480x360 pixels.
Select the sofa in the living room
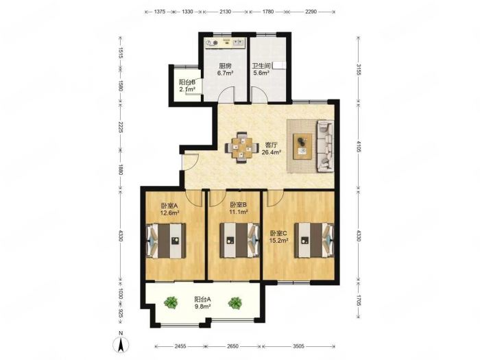pos(325,145)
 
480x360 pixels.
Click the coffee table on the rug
pos(302,146)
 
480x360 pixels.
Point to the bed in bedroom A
pos(166,241)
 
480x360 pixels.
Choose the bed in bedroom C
pos(314,240)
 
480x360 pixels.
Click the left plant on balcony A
pos(171,302)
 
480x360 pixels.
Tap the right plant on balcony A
pos(235,303)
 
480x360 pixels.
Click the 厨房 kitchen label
pos(225,66)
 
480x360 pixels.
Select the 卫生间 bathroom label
pos(261,66)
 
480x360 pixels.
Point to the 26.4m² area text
pos(272,152)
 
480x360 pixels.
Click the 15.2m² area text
pos(278,241)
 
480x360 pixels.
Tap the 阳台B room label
pos(187,82)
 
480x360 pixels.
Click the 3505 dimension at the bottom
pos(298,346)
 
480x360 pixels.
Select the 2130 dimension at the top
pos(226,12)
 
